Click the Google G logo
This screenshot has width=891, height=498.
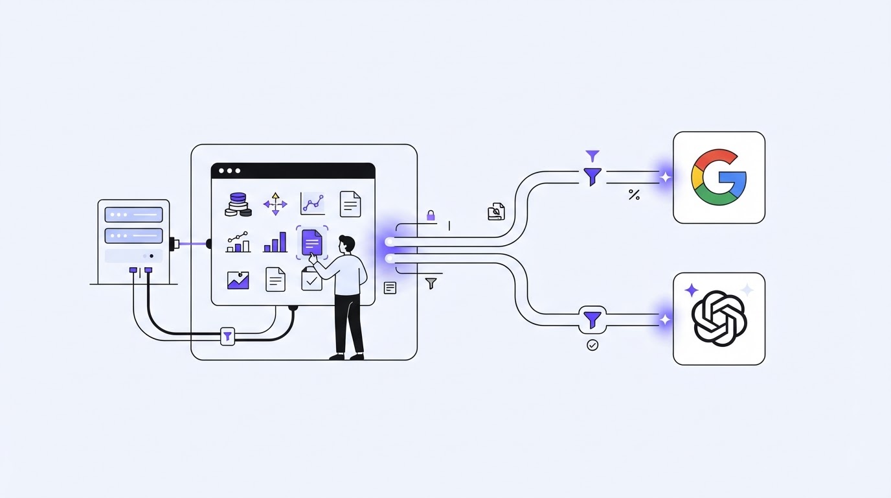(x=718, y=177)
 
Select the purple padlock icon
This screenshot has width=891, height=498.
(x=431, y=215)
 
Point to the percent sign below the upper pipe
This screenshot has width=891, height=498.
(x=634, y=195)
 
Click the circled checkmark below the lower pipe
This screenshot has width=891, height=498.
(x=592, y=345)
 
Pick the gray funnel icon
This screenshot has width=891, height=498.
(x=431, y=283)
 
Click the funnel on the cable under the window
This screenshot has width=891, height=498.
(x=227, y=337)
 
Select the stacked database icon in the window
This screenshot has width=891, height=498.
(x=238, y=204)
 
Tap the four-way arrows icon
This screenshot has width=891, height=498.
(x=275, y=204)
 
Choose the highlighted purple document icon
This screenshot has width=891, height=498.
(x=312, y=243)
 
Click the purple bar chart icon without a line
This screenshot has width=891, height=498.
(x=275, y=243)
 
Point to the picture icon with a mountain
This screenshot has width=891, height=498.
(x=238, y=280)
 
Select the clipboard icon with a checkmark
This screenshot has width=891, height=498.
(x=312, y=279)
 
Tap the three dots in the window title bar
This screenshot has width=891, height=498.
(x=229, y=171)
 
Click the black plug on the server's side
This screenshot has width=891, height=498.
(x=174, y=244)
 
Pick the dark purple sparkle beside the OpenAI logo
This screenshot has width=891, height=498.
(x=692, y=290)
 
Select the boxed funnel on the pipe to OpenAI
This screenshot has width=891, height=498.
(x=592, y=320)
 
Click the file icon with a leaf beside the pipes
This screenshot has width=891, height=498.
(x=496, y=211)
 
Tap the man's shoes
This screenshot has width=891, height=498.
(x=346, y=357)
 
